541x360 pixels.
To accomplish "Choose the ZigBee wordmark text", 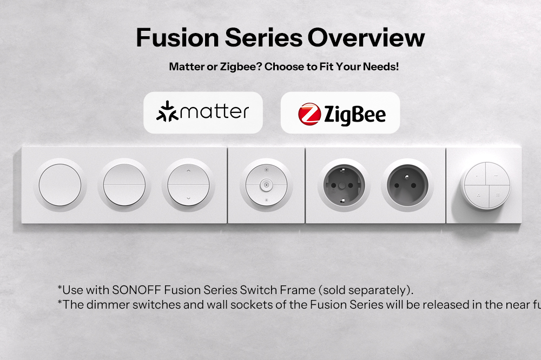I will (x=354, y=115).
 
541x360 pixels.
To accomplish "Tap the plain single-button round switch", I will (x=60, y=185).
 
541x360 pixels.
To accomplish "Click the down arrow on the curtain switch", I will (x=188, y=198).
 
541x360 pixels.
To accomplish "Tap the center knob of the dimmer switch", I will (x=266, y=185).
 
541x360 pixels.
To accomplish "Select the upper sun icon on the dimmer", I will (x=266, y=170).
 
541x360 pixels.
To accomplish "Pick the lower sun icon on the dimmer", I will (x=266, y=200).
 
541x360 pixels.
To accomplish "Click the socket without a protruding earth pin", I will (x=344, y=185).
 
